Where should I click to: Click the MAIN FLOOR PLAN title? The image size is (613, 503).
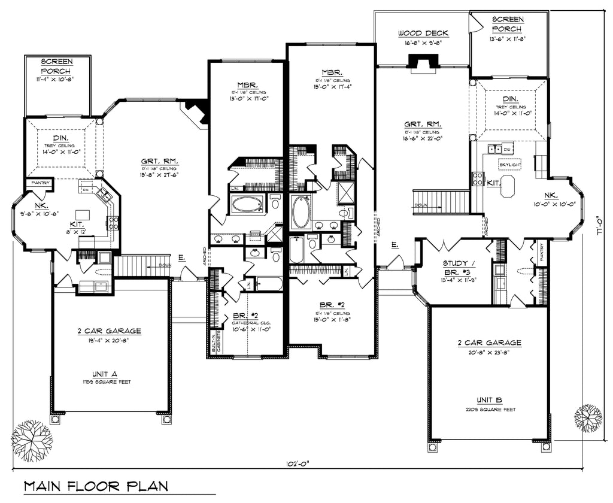96,485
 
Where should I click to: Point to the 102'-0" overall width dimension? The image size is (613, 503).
297,463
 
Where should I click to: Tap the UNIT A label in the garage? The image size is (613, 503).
108,373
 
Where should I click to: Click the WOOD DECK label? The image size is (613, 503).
423,34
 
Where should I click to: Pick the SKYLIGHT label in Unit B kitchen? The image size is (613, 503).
510,163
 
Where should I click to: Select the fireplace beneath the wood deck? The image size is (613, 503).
423,62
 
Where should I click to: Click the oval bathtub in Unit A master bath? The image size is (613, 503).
247,205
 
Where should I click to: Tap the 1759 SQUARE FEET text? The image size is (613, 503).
108,381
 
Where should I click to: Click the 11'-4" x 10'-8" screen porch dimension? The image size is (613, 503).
57,78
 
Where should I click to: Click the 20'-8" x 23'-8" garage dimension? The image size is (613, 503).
490,353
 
